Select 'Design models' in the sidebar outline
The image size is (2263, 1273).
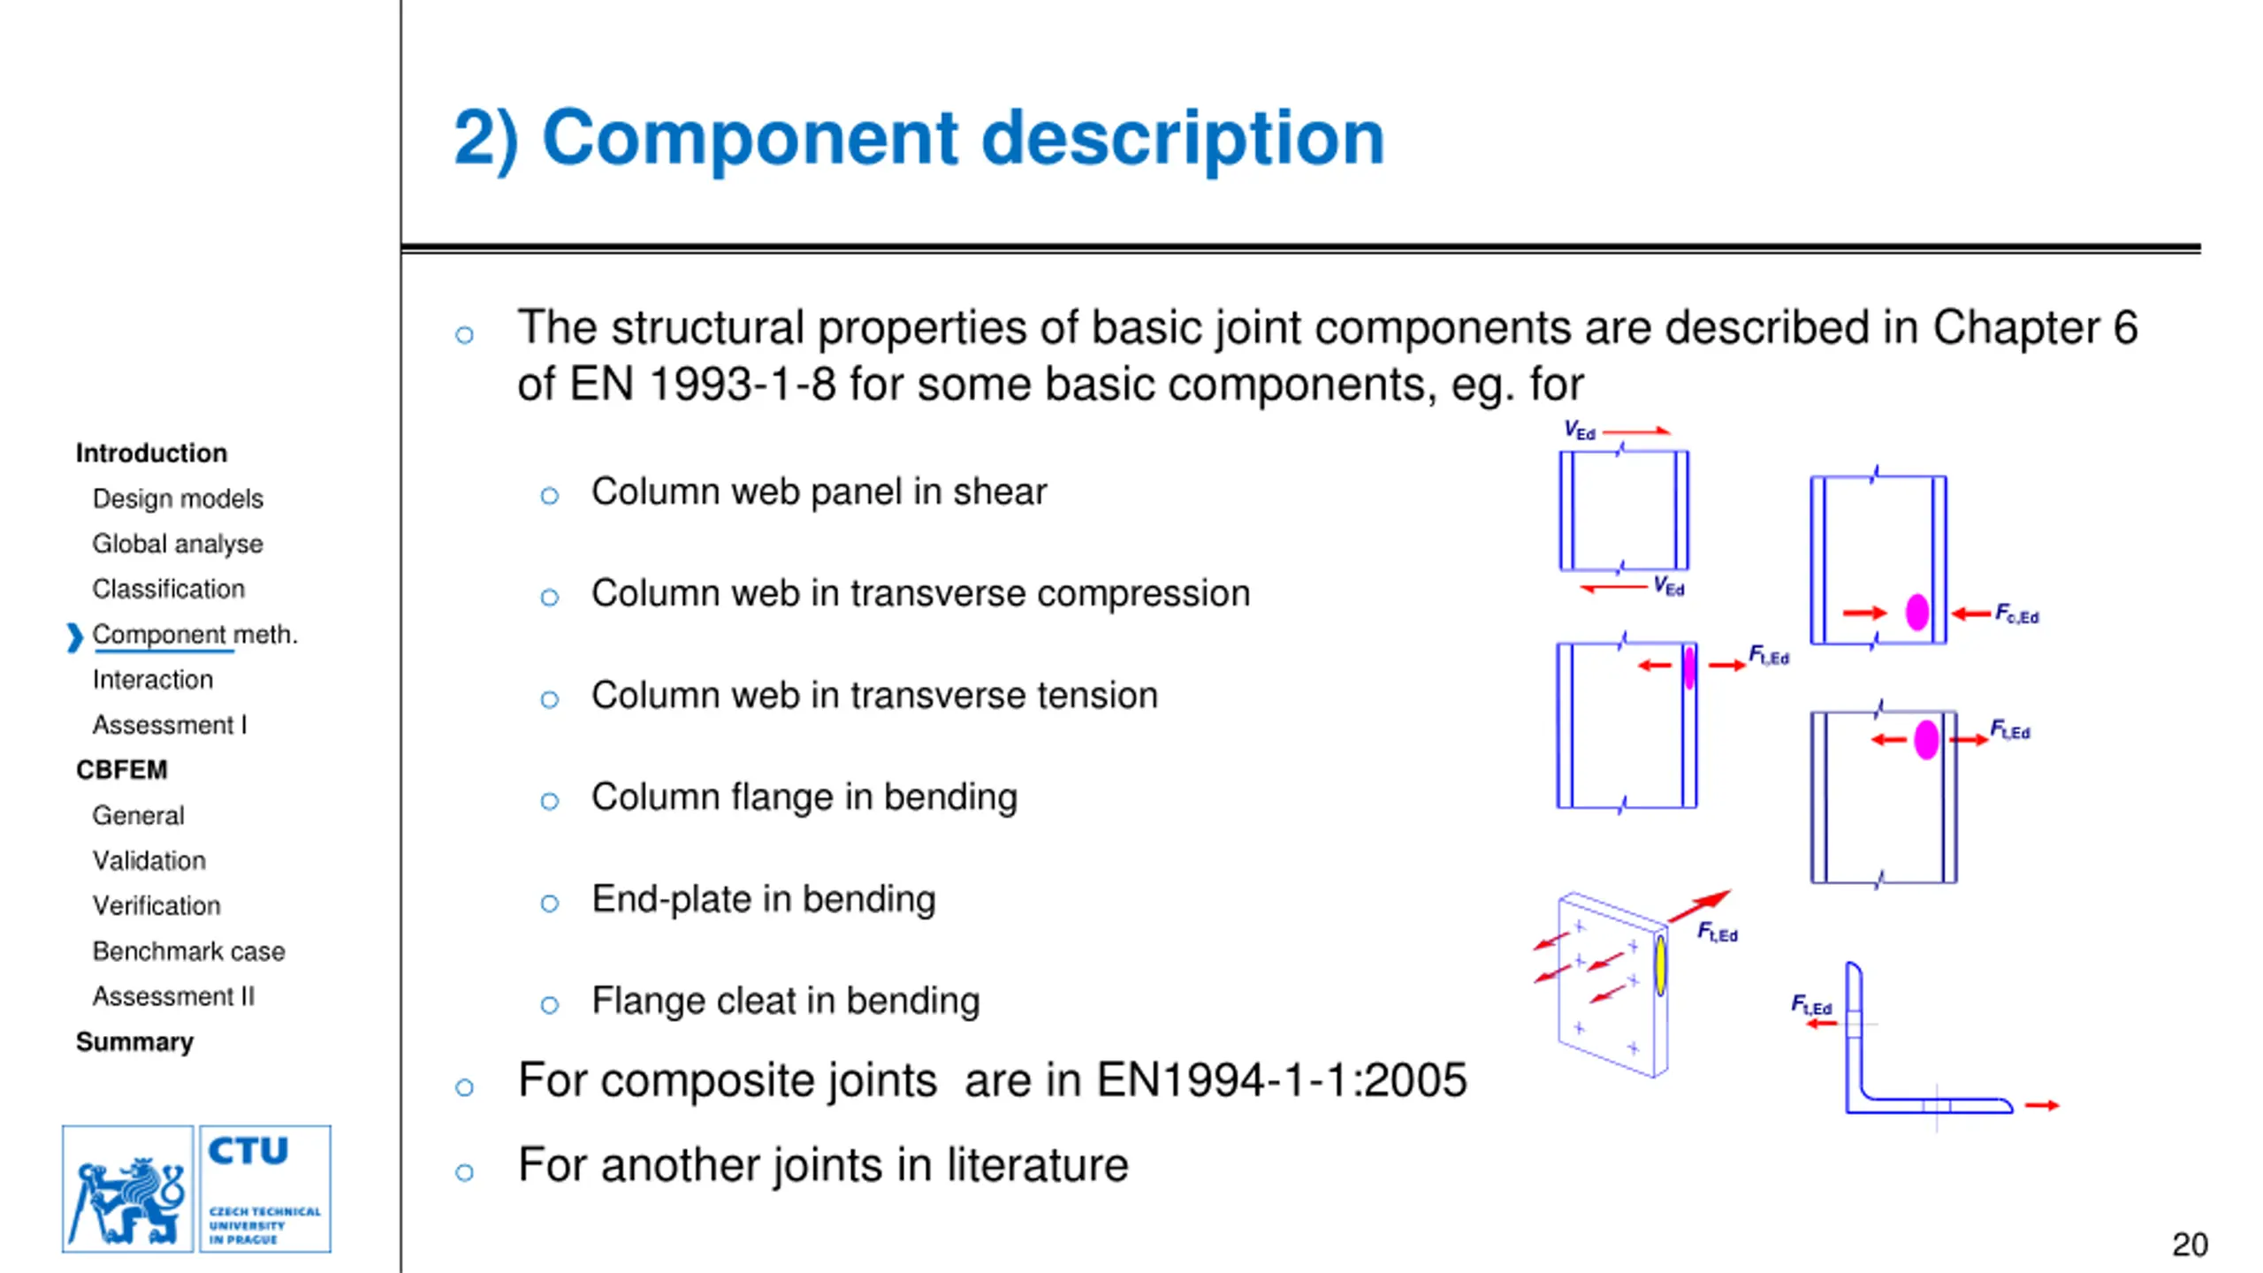pos(178,499)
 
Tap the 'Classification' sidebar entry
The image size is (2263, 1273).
pos(168,589)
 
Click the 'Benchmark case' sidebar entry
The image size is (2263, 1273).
pos(188,951)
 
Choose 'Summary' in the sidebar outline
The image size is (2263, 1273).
pos(134,1041)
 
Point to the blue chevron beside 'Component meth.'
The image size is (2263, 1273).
pos(74,636)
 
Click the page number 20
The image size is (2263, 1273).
pos(2190,1245)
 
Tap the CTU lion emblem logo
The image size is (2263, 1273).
pos(128,1189)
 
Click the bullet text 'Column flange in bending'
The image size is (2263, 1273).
pos(804,797)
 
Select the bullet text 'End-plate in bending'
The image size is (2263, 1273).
pos(764,899)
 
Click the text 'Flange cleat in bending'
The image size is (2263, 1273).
pos(786,1001)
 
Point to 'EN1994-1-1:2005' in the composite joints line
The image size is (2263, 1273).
pos(1282,1080)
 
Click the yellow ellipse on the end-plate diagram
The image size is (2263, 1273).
pos(1661,965)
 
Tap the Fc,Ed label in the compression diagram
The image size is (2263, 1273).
pos(2016,614)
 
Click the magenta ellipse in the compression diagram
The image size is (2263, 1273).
pos(1917,612)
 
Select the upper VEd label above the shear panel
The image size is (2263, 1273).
pos(1579,431)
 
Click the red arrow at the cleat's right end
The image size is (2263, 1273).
pos(2042,1105)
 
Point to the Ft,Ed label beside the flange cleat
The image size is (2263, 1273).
pos(1811,1005)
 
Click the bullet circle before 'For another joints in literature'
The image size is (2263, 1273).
pos(464,1173)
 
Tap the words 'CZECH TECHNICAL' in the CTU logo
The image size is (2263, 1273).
pos(265,1211)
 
